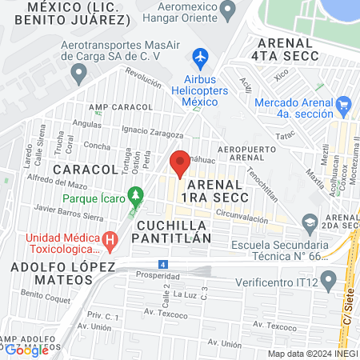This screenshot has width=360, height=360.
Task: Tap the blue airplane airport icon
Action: pos(200,58)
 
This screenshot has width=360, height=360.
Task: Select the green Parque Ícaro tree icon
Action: pos(136,194)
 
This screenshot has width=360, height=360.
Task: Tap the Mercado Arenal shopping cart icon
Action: pos(345,103)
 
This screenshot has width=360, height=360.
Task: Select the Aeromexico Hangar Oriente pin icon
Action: pos(228,11)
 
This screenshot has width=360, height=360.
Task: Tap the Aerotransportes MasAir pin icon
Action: pos(78,74)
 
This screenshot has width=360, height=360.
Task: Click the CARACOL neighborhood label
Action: pos(86,170)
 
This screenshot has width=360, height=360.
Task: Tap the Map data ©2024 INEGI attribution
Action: pos(311,354)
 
